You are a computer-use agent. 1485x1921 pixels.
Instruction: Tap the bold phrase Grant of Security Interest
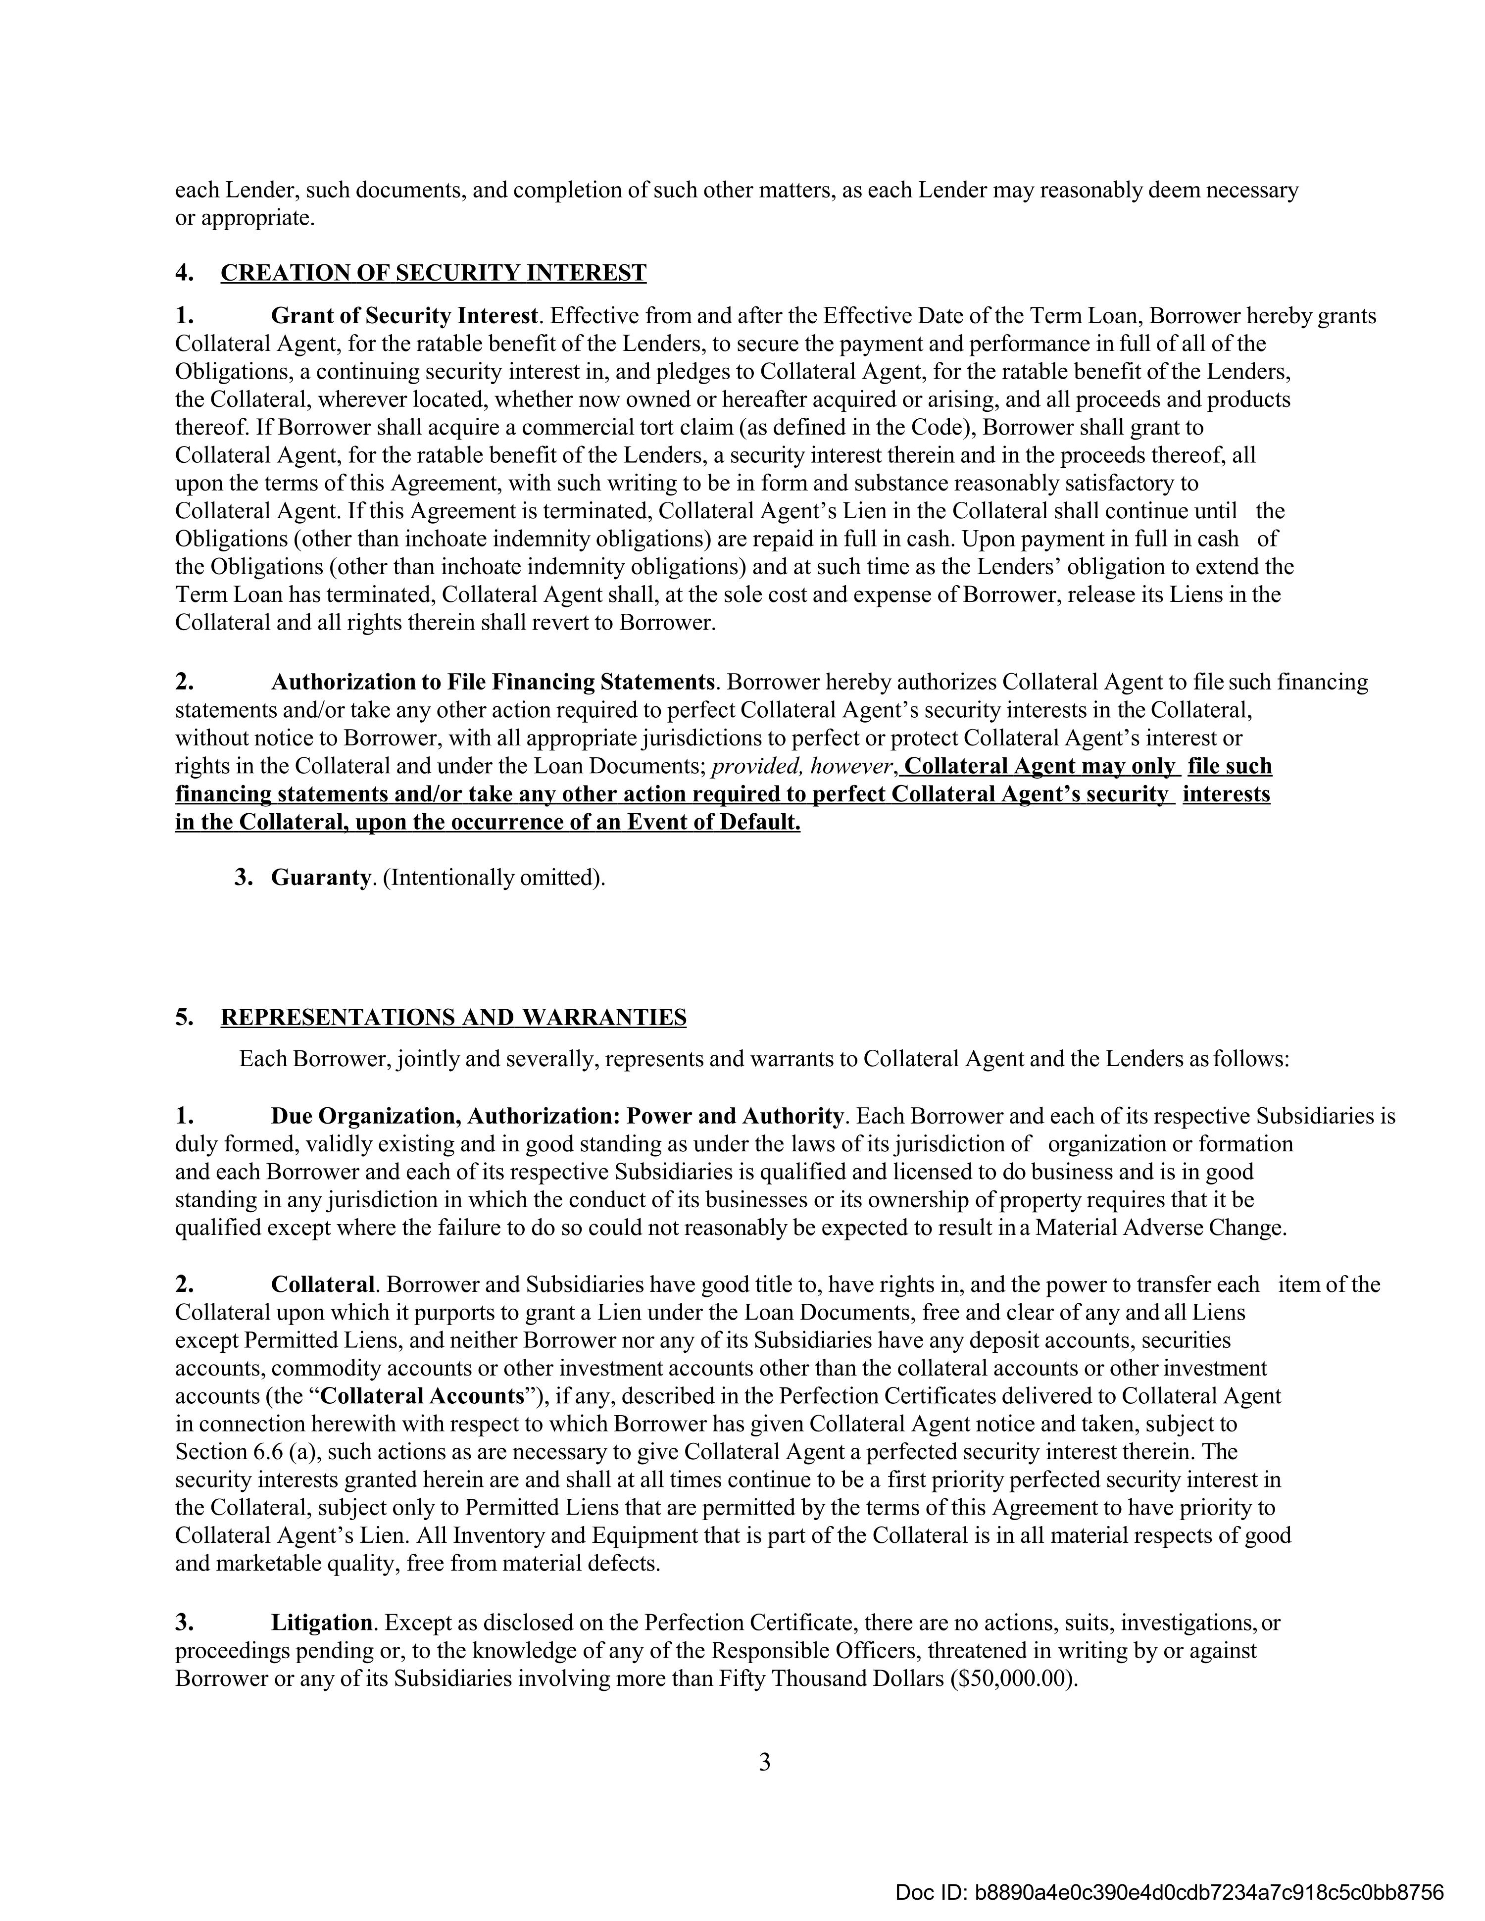coord(404,316)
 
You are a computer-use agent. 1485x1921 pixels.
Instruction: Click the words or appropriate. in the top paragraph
coord(245,218)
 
